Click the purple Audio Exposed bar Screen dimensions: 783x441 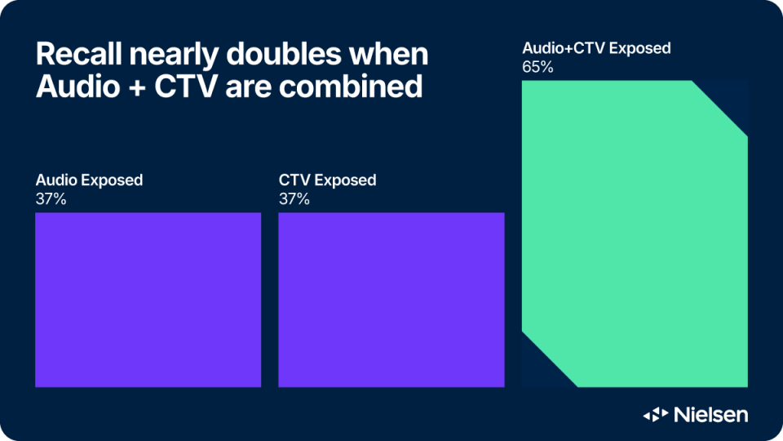click(x=148, y=300)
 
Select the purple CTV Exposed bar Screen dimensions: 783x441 click(x=391, y=300)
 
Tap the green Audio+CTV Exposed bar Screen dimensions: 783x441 click(x=635, y=234)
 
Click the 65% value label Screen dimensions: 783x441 click(x=537, y=67)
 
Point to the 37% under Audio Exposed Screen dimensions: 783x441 click(x=51, y=199)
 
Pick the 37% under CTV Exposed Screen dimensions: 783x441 click(x=294, y=199)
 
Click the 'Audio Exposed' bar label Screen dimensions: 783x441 click(x=90, y=180)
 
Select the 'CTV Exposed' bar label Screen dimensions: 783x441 click(x=328, y=180)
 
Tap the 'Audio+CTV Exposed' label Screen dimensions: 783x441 click(x=597, y=48)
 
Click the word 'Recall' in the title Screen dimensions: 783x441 click(x=79, y=54)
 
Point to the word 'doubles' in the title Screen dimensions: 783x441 click(x=284, y=54)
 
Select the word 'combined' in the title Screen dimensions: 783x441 click(x=351, y=86)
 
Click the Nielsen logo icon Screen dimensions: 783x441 click(x=656, y=415)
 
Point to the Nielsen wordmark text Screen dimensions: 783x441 click(x=711, y=415)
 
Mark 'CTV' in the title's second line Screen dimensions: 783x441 click(x=186, y=86)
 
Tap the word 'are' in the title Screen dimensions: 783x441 click(x=248, y=88)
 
